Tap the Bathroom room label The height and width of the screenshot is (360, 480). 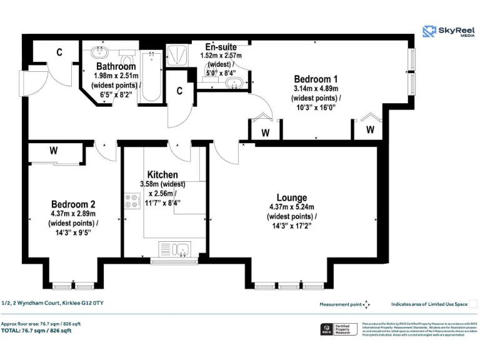[116, 66]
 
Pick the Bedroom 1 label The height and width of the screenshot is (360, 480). [316, 79]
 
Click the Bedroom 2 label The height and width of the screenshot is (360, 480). [73, 204]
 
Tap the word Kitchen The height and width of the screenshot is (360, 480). [162, 174]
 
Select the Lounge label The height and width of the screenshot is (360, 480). [292, 197]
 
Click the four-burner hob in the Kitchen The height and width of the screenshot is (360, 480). [132, 202]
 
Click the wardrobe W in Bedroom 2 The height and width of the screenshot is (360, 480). [54, 151]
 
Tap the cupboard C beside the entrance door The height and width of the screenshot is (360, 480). [59, 52]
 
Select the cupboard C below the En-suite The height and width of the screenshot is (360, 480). [179, 91]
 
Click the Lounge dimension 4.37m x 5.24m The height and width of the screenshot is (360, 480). [292, 207]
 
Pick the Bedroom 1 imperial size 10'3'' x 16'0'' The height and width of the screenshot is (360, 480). [316, 107]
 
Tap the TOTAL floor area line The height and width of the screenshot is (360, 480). [36, 331]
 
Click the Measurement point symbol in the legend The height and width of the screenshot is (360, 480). [367, 304]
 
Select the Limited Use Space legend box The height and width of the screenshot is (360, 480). [473, 304]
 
